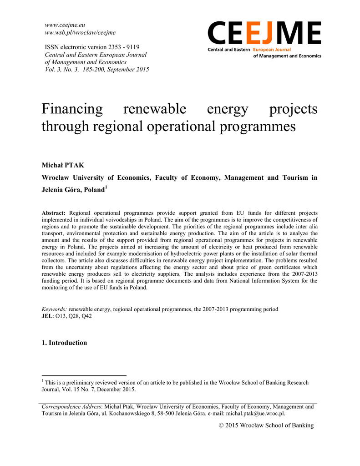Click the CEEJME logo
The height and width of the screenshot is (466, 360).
click(x=264, y=40)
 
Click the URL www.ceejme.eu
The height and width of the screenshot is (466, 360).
click(x=66, y=25)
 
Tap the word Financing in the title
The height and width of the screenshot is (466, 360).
click(x=72, y=109)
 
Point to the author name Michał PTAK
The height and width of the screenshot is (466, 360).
click(x=63, y=165)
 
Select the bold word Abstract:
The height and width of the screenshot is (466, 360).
click(x=54, y=213)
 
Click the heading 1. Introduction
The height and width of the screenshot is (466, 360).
click(x=64, y=343)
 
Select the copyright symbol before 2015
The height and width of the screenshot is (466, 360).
click(x=222, y=425)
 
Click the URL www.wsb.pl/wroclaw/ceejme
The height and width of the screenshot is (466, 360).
click(x=80, y=32)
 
